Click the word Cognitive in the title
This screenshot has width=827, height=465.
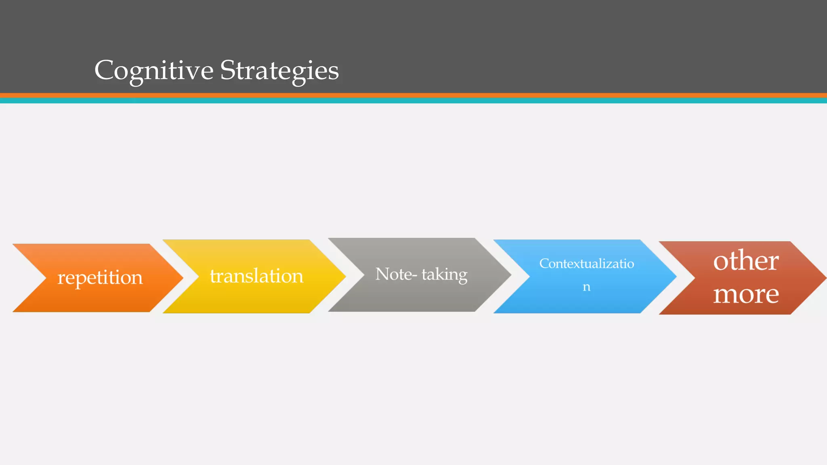point(153,71)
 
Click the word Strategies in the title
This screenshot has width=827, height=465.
point(279,71)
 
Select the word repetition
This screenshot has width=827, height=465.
point(100,278)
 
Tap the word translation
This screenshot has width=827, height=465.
point(256,276)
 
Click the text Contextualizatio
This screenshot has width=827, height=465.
point(586,264)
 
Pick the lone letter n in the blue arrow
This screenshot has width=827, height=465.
point(586,287)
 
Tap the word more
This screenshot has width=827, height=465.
point(745,294)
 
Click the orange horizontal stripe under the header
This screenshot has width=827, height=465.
point(413,95)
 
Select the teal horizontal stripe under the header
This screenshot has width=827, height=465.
point(413,101)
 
